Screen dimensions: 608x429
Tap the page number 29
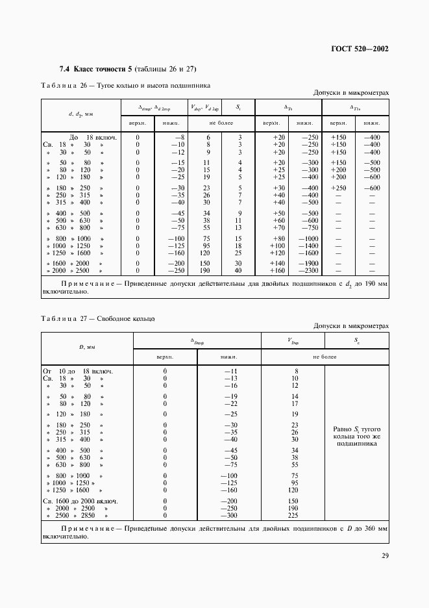(x=383, y=555)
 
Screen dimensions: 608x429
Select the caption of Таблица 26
(x=125, y=84)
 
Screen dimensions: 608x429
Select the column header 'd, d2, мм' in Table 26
(x=81, y=114)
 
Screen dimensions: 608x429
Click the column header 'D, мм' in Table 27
(x=87, y=348)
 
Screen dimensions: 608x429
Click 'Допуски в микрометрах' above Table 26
(x=351, y=93)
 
